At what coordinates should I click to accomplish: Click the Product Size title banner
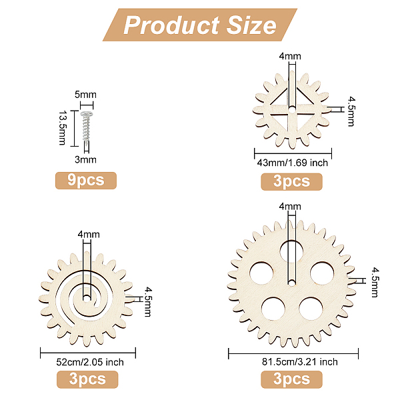(x=200, y=25)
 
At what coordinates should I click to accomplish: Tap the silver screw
(x=86, y=125)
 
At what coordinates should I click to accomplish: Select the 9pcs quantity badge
(x=86, y=181)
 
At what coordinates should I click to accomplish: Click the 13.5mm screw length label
(x=63, y=128)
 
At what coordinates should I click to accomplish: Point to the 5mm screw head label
(x=85, y=95)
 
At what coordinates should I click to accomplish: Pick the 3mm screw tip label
(x=85, y=160)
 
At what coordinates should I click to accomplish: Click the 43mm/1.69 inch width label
(x=293, y=163)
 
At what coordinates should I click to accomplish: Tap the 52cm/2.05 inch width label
(x=90, y=362)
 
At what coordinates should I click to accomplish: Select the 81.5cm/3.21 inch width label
(x=300, y=362)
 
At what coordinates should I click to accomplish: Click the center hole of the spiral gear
(x=87, y=298)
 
